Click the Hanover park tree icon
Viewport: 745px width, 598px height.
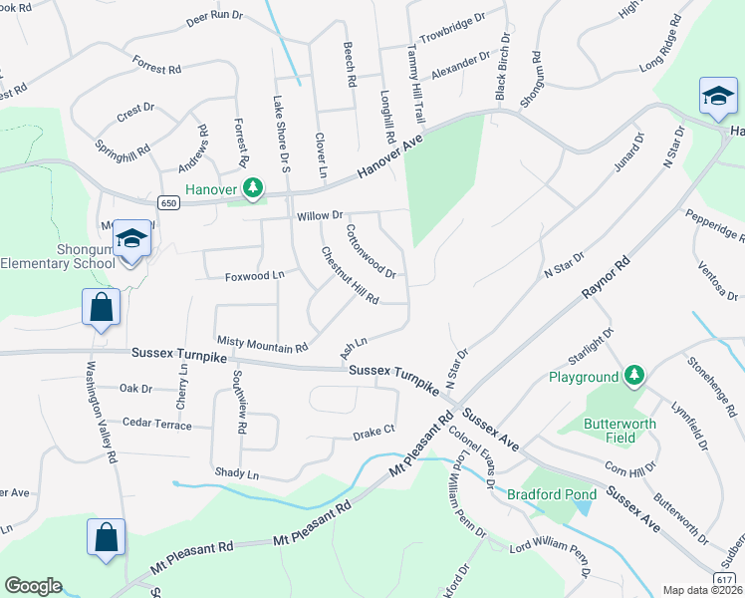coord(254,186)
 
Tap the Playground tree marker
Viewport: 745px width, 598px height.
coord(630,377)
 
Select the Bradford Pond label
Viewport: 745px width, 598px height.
coord(551,494)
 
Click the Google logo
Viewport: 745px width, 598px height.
coord(33,586)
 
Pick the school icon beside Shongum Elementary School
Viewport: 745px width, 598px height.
coord(131,239)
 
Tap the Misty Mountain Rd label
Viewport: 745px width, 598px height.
coord(263,343)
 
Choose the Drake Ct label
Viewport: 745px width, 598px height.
coord(374,434)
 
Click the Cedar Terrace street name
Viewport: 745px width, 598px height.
coord(156,423)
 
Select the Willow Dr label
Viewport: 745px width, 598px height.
coord(319,215)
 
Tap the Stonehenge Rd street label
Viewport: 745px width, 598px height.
coord(710,384)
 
